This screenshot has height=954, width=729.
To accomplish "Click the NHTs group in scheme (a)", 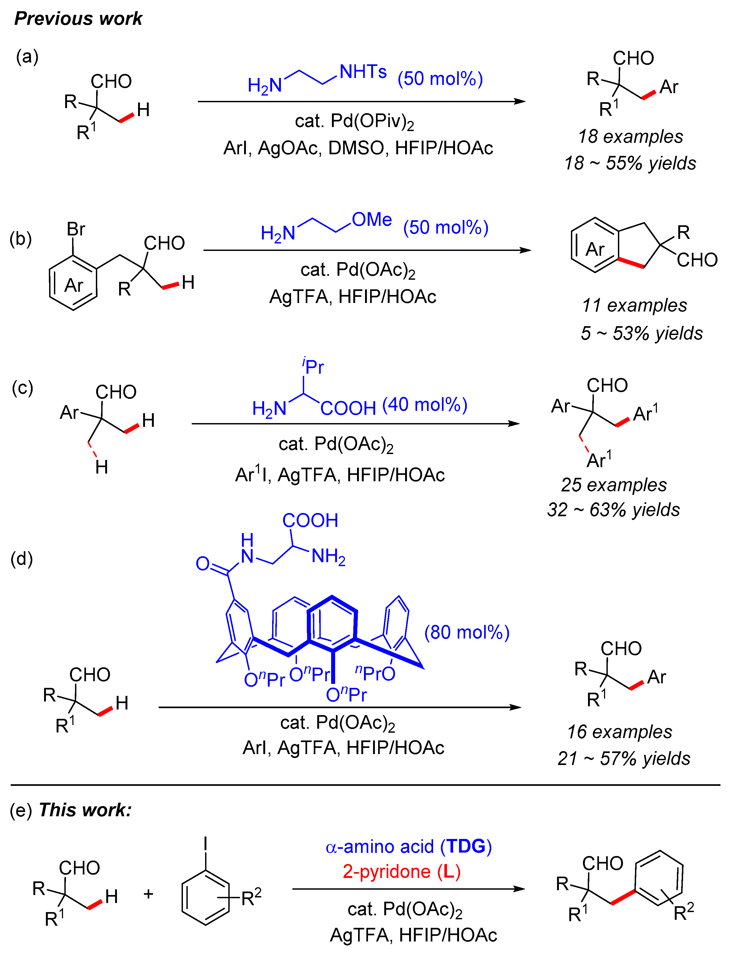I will pos(363,72).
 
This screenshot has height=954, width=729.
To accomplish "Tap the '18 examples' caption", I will pos(630,137).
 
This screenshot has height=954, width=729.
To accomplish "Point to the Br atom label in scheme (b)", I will pos(76,229).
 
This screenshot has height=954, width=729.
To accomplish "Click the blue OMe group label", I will pos(372,219).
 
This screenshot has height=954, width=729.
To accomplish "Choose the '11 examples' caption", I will pos(634,305).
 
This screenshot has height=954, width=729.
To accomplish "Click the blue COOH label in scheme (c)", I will pos(348,408).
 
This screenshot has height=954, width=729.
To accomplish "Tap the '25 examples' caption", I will pos(614,485).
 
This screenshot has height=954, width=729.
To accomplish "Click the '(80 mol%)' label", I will pos(467,632).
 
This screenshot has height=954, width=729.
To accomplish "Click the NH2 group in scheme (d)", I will pos(328,556).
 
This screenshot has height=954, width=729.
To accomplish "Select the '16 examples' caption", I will pos(619,732).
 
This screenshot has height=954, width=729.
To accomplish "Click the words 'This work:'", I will pos(85,810).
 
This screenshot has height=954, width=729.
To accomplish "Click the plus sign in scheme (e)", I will pos(148,894).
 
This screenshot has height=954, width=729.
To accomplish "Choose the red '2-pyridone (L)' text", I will pos(401,871).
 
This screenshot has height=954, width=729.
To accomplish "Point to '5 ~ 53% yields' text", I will pos(641,333).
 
